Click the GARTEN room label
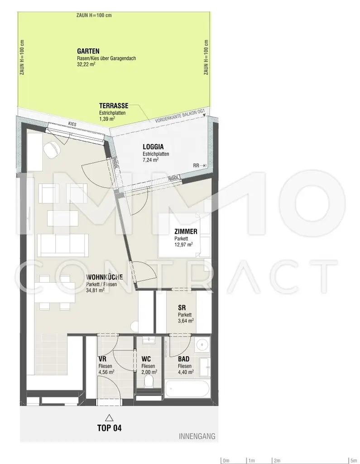click(x=88, y=51)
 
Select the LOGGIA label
click(x=153, y=147)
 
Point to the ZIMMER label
click(x=186, y=232)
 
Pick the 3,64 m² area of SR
click(x=186, y=320)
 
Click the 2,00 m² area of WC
click(x=149, y=372)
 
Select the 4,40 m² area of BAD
click(x=186, y=372)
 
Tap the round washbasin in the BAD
click(x=203, y=346)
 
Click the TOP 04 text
click(x=110, y=428)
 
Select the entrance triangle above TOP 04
click(x=108, y=417)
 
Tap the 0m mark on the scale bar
click(x=226, y=461)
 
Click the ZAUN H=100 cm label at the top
click(x=94, y=15)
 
